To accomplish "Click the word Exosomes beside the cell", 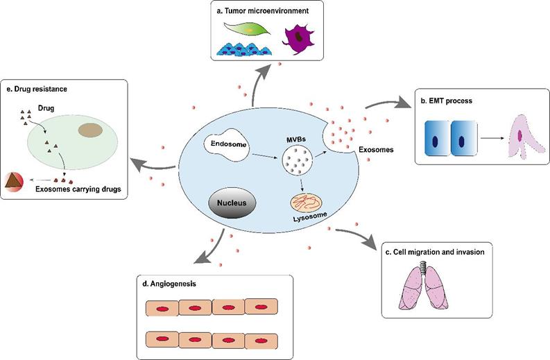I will [376, 148].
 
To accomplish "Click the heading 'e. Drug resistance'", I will [38, 90].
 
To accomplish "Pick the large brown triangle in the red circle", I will [13, 182].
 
